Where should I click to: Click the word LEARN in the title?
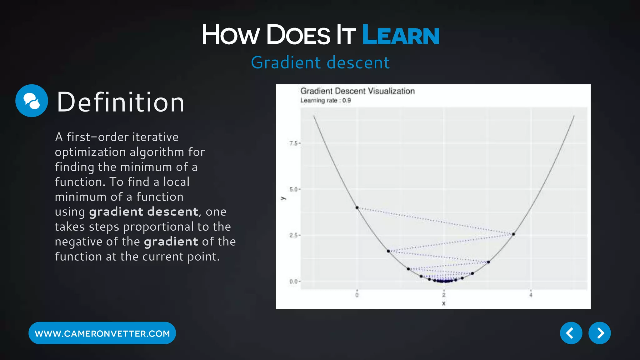point(401,35)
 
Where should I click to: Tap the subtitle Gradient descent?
point(320,62)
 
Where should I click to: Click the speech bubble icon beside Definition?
point(32,101)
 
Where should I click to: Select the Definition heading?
point(120,102)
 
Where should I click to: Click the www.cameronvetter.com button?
point(102,333)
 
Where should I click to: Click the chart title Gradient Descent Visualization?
point(357,91)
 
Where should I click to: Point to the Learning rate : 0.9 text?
point(325,101)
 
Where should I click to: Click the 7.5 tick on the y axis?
point(293,143)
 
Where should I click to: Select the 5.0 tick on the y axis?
point(293,189)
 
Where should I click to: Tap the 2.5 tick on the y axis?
point(293,235)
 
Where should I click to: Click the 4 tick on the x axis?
point(531,295)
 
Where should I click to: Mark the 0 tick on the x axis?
point(357,295)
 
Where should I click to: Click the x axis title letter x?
point(444,303)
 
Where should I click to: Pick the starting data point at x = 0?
point(357,208)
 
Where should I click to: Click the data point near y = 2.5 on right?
point(513,234)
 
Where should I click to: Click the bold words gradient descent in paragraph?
point(143,212)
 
